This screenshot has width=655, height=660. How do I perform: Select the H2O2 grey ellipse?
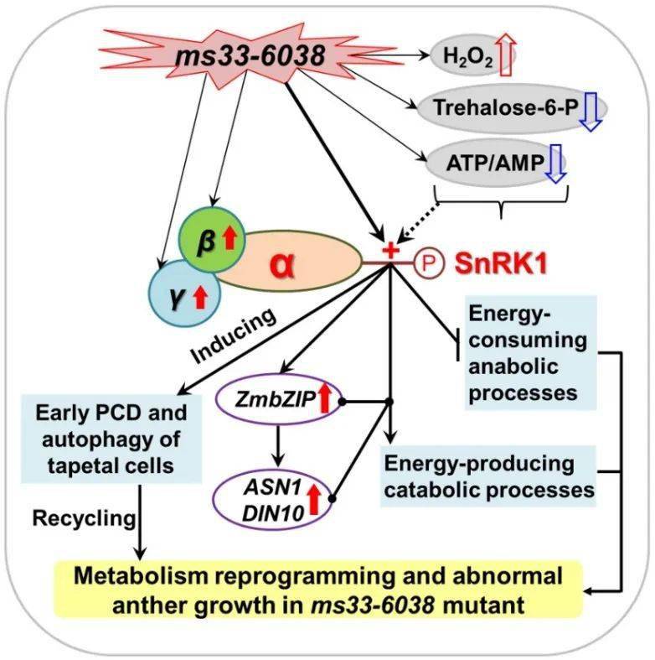pos(467,56)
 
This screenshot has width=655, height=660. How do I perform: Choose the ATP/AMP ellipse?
pos(496,164)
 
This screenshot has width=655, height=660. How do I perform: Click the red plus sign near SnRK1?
pos(390,251)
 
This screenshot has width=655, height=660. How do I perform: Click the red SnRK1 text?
pos(501,263)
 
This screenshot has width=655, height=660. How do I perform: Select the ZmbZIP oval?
pos(278,400)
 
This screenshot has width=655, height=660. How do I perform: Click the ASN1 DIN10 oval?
pos(273,500)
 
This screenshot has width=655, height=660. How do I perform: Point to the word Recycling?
pos(84,518)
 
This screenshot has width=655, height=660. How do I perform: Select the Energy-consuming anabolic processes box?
pos(530,352)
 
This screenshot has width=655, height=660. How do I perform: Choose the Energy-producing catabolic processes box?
pos(488,476)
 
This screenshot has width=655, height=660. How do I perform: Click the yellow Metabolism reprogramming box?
pos(318,590)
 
